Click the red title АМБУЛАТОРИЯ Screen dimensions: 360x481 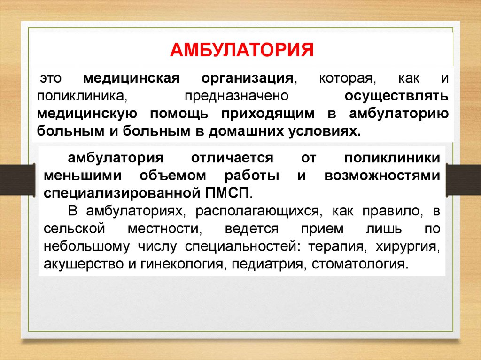tap(241, 49)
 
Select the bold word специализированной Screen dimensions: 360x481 tap(120, 192)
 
